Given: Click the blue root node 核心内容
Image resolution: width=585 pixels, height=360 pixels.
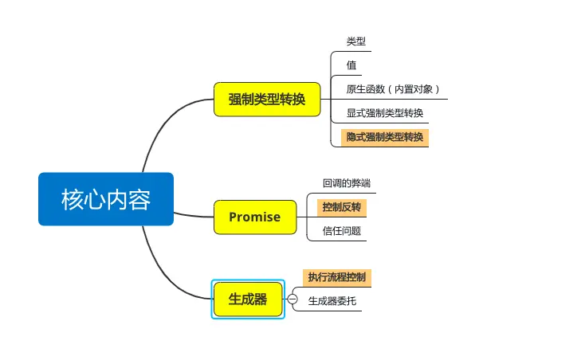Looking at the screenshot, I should pos(106,199).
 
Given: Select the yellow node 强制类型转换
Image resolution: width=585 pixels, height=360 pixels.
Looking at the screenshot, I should pos(266,99).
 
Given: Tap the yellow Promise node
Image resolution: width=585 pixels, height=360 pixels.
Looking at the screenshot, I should pos(254,217).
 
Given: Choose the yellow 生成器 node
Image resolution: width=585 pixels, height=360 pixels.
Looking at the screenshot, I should pos(247,299).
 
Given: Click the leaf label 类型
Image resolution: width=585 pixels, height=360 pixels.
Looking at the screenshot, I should pos(356,41).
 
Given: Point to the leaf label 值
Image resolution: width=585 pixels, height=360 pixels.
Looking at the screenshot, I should pos(351,65).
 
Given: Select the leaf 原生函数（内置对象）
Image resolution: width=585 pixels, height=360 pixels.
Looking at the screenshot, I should pos(393,89).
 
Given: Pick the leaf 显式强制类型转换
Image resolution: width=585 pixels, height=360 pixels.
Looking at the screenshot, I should pos(385,113).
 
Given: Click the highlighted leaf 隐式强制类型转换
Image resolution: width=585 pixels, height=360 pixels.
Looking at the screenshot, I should pos(385,137).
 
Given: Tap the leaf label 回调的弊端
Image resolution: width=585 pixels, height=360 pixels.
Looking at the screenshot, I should pos(347,183).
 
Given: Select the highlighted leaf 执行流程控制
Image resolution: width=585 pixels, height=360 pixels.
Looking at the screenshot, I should pos(337,277).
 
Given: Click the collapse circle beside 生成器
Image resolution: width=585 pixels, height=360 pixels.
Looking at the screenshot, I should pos(292,299).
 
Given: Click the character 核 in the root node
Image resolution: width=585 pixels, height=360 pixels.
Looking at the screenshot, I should pos(73,199).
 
